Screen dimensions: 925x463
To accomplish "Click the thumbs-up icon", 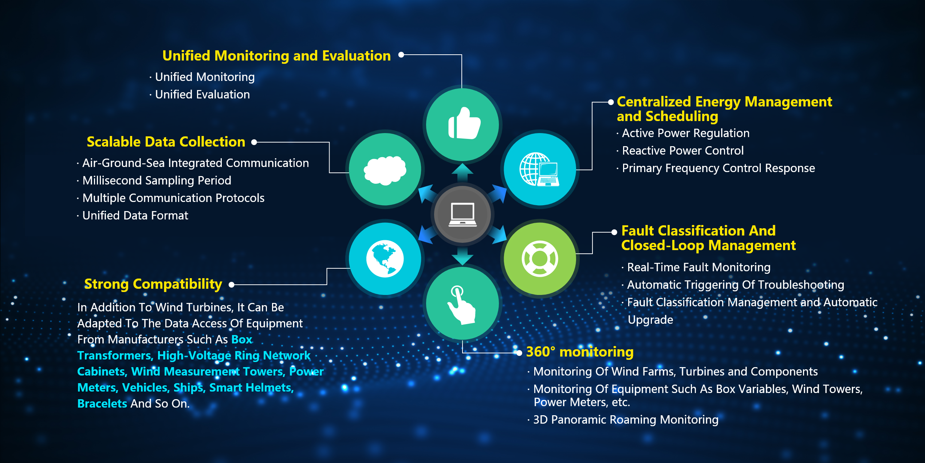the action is [x=464, y=123].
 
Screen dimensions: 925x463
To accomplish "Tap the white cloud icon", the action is [x=385, y=170].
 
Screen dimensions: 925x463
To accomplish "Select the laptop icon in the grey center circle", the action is [x=462, y=214].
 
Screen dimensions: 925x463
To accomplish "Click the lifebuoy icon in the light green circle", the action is [x=540, y=258].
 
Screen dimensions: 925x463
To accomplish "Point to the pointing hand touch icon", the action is [x=461, y=305].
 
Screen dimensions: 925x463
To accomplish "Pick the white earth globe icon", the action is [x=385, y=258].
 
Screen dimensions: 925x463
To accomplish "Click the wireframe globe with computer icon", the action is [x=539, y=170].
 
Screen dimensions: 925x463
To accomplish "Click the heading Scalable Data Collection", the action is [x=166, y=142].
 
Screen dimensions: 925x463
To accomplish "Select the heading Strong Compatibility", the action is [x=153, y=284].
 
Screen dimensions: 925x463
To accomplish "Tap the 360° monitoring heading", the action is [x=580, y=352].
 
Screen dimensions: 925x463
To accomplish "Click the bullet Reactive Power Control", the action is [x=682, y=151].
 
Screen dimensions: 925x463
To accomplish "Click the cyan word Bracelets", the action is [x=102, y=404].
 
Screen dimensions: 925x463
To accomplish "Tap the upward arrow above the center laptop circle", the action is [x=462, y=172].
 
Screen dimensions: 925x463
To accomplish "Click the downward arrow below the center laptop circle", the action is [x=462, y=256].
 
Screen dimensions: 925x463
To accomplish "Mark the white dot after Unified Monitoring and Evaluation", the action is [x=401, y=55].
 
